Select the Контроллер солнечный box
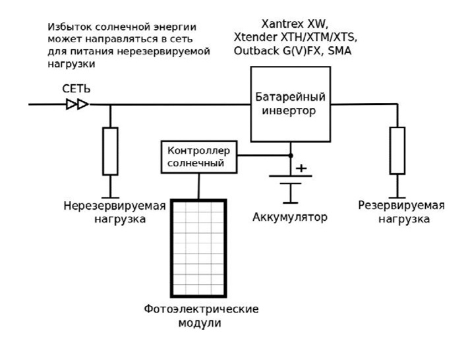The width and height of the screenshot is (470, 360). pos(198,156)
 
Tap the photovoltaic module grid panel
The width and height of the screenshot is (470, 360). pos(197,249)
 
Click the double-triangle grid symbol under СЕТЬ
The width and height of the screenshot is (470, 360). pos(77,104)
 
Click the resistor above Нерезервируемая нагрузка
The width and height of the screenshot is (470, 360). pos(110,151)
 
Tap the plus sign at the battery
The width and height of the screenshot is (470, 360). pos(301,168)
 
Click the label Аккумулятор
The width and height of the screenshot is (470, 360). pos(289,217)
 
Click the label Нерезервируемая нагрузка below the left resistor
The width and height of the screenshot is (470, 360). pos(114,212)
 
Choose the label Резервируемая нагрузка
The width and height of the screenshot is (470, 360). pos(401,212)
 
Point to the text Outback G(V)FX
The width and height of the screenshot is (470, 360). pos(272,51)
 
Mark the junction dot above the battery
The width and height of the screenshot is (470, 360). pos(290,156)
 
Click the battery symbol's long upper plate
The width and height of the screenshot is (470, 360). pos(290,176)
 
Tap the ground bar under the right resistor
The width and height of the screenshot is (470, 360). pos(397,196)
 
